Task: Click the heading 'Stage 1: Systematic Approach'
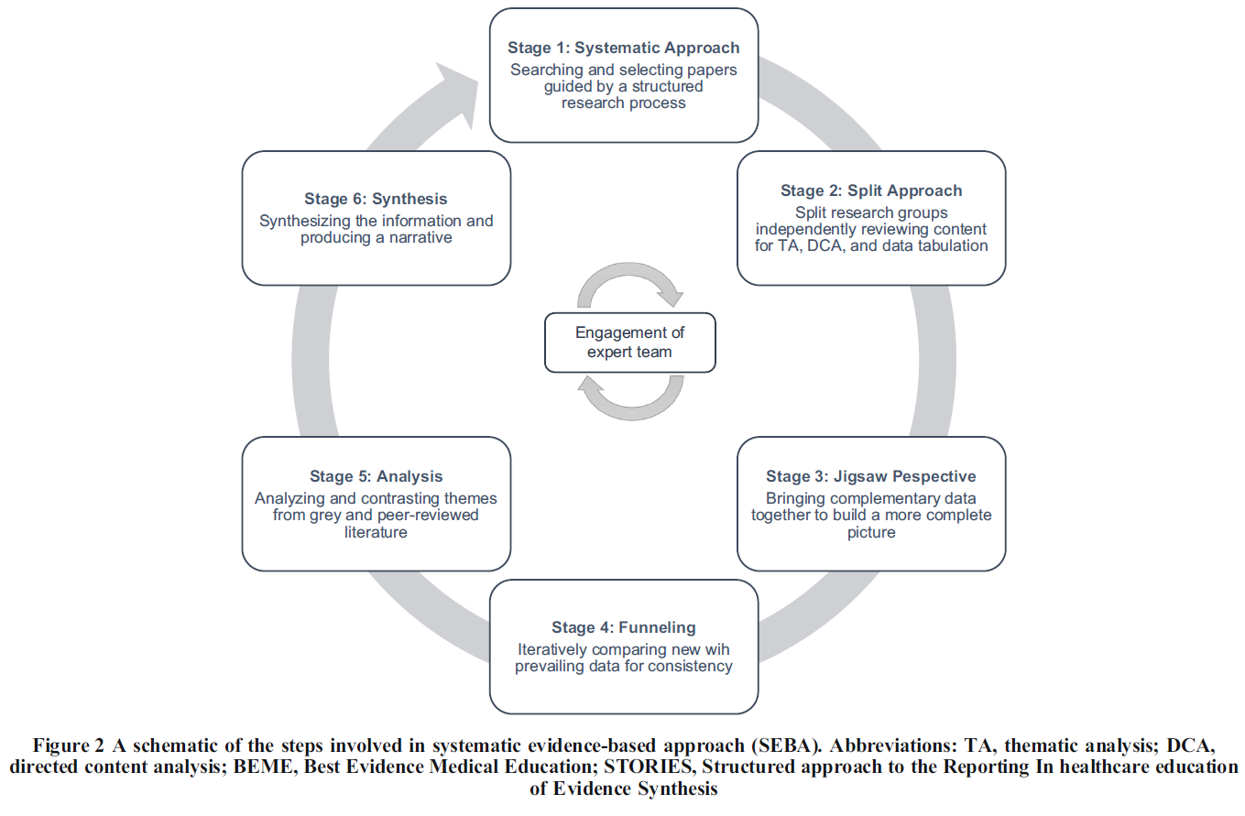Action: click(x=624, y=48)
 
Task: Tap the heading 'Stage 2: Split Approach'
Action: click(x=871, y=190)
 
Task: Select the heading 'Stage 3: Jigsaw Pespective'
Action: click(x=871, y=476)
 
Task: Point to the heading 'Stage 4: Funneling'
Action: click(x=624, y=627)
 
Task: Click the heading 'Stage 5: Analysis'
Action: click(x=376, y=476)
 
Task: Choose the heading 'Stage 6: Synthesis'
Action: click(x=376, y=198)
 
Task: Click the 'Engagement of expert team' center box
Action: click(x=630, y=343)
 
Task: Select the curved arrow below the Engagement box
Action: click(x=630, y=399)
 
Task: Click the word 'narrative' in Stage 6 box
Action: click(x=420, y=238)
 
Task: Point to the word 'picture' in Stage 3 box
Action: click(x=871, y=532)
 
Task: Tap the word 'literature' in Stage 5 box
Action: click(x=376, y=532)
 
